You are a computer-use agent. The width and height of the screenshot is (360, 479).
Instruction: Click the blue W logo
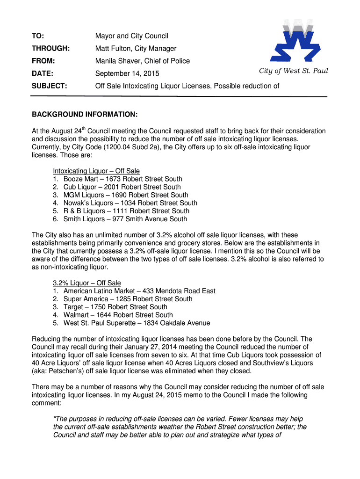(x=296, y=42)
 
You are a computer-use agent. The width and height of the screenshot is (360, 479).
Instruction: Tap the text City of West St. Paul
(x=294, y=71)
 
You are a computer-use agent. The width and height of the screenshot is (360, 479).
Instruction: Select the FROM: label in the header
(x=43, y=61)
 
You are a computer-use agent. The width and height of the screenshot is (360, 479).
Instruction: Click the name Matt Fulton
(x=113, y=49)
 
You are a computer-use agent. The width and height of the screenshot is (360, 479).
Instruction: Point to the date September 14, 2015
(x=127, y=73)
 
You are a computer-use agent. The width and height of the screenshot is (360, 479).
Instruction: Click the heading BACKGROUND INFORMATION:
(x=85, y=115)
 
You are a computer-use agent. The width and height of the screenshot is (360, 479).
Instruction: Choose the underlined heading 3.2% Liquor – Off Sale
(x=87, y=283)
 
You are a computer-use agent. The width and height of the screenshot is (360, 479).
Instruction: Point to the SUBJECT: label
(x=49, y=86)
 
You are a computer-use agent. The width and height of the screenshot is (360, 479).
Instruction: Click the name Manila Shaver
(x=117, y=61)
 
